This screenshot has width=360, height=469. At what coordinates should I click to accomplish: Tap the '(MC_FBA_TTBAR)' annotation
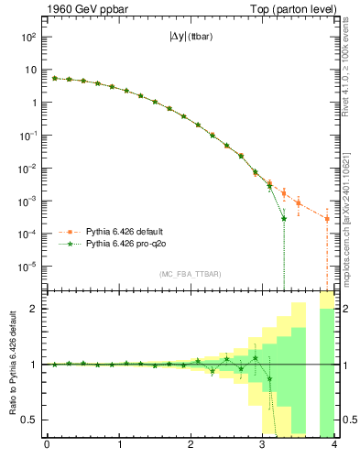tap(191, 275)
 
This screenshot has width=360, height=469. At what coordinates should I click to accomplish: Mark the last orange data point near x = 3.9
tap(327, 219)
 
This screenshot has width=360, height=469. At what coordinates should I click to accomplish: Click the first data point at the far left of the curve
tap(54, 78)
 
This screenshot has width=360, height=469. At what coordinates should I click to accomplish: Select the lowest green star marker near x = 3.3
tap(284, 218)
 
